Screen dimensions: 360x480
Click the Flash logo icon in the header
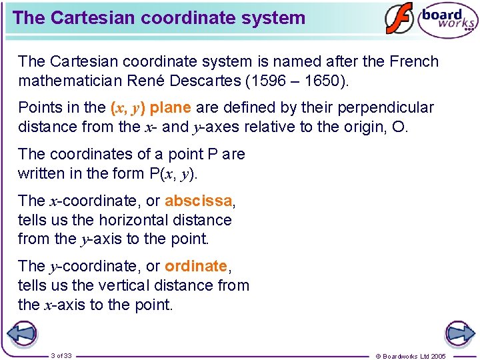click(x=399, y=19)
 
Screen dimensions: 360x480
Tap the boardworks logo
click(x=447, y=20)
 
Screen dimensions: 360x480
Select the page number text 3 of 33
click(x=61, y=355)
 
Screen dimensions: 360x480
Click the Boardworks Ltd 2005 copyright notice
click(x=411, y=356)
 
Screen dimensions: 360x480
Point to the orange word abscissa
click(x=199, y=201)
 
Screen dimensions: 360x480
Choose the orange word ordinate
click(x=196, y=266)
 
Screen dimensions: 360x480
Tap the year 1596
click(x=281, y=81)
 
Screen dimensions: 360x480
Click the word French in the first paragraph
click(x=414, y=62)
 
